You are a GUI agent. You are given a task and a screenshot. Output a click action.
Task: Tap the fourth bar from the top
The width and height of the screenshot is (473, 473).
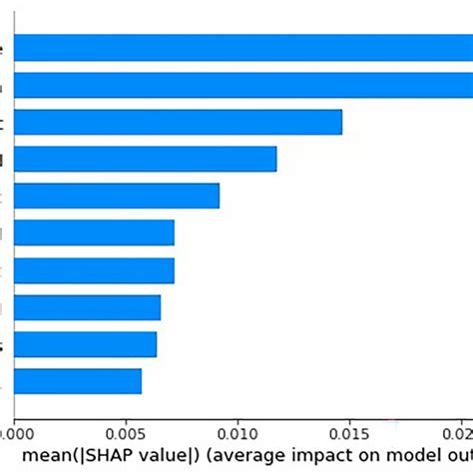pos(145,159)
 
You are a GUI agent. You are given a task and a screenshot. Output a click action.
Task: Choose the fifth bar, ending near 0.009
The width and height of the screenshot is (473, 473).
pos(117,196)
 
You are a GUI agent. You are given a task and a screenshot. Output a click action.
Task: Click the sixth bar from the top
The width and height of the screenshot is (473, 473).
pos(94,233)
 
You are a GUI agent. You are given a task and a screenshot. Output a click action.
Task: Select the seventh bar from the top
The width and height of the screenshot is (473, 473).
pos(94,269)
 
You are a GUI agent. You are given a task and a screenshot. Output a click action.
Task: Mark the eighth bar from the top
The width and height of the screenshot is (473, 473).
pos(87,307)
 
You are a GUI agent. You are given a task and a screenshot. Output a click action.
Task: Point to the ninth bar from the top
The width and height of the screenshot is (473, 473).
pos(85,344)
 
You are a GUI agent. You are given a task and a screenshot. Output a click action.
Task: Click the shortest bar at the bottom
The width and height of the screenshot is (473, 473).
pos(78,381)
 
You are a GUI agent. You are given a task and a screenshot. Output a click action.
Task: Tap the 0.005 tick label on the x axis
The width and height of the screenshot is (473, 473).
pos(126,435)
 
